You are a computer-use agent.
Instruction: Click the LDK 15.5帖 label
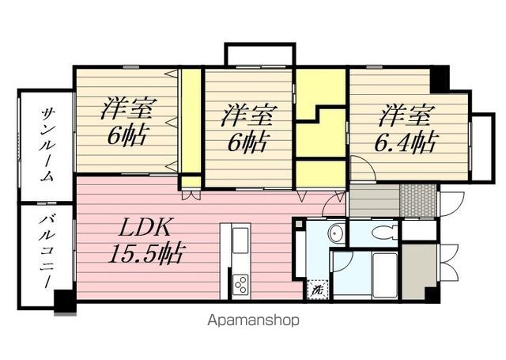pos(146,240)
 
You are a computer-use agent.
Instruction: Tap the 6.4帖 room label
pos(406,128)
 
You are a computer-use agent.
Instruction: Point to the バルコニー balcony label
pos(46,252)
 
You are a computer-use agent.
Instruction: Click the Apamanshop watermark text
pos(253,320)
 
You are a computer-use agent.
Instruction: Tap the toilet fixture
pos(386,232)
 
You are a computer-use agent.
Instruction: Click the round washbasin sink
pos(335,232)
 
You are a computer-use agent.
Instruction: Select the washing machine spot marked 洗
pos(318,290)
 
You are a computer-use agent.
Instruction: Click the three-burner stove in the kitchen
pos(241,285)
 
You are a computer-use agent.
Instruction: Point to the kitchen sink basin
pos(240,241)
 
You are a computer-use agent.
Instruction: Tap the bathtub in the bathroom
pos(385,275)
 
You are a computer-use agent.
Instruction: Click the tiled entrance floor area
pos(418,200)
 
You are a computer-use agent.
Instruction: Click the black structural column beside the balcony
pos(66,302)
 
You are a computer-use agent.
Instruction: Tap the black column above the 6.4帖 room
pos(440,79)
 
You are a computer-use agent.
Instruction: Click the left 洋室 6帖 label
pos(126,121)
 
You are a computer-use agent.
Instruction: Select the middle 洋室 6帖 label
pos(247,128)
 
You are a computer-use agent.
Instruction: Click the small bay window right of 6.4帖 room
pos(482,147)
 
